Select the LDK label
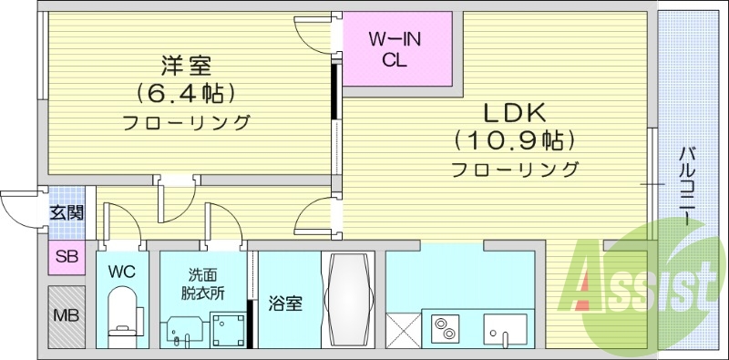(513, 114)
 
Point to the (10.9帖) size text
(514, 140)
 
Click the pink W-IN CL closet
(396, 49)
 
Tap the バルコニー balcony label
(689, 188)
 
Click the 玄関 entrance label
(67, 213)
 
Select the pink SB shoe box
(67, 257)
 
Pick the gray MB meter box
(67, 315)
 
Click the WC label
(121, 271)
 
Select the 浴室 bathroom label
(284, 304)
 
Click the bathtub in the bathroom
(347, 298)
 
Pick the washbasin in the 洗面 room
(184, 330)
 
